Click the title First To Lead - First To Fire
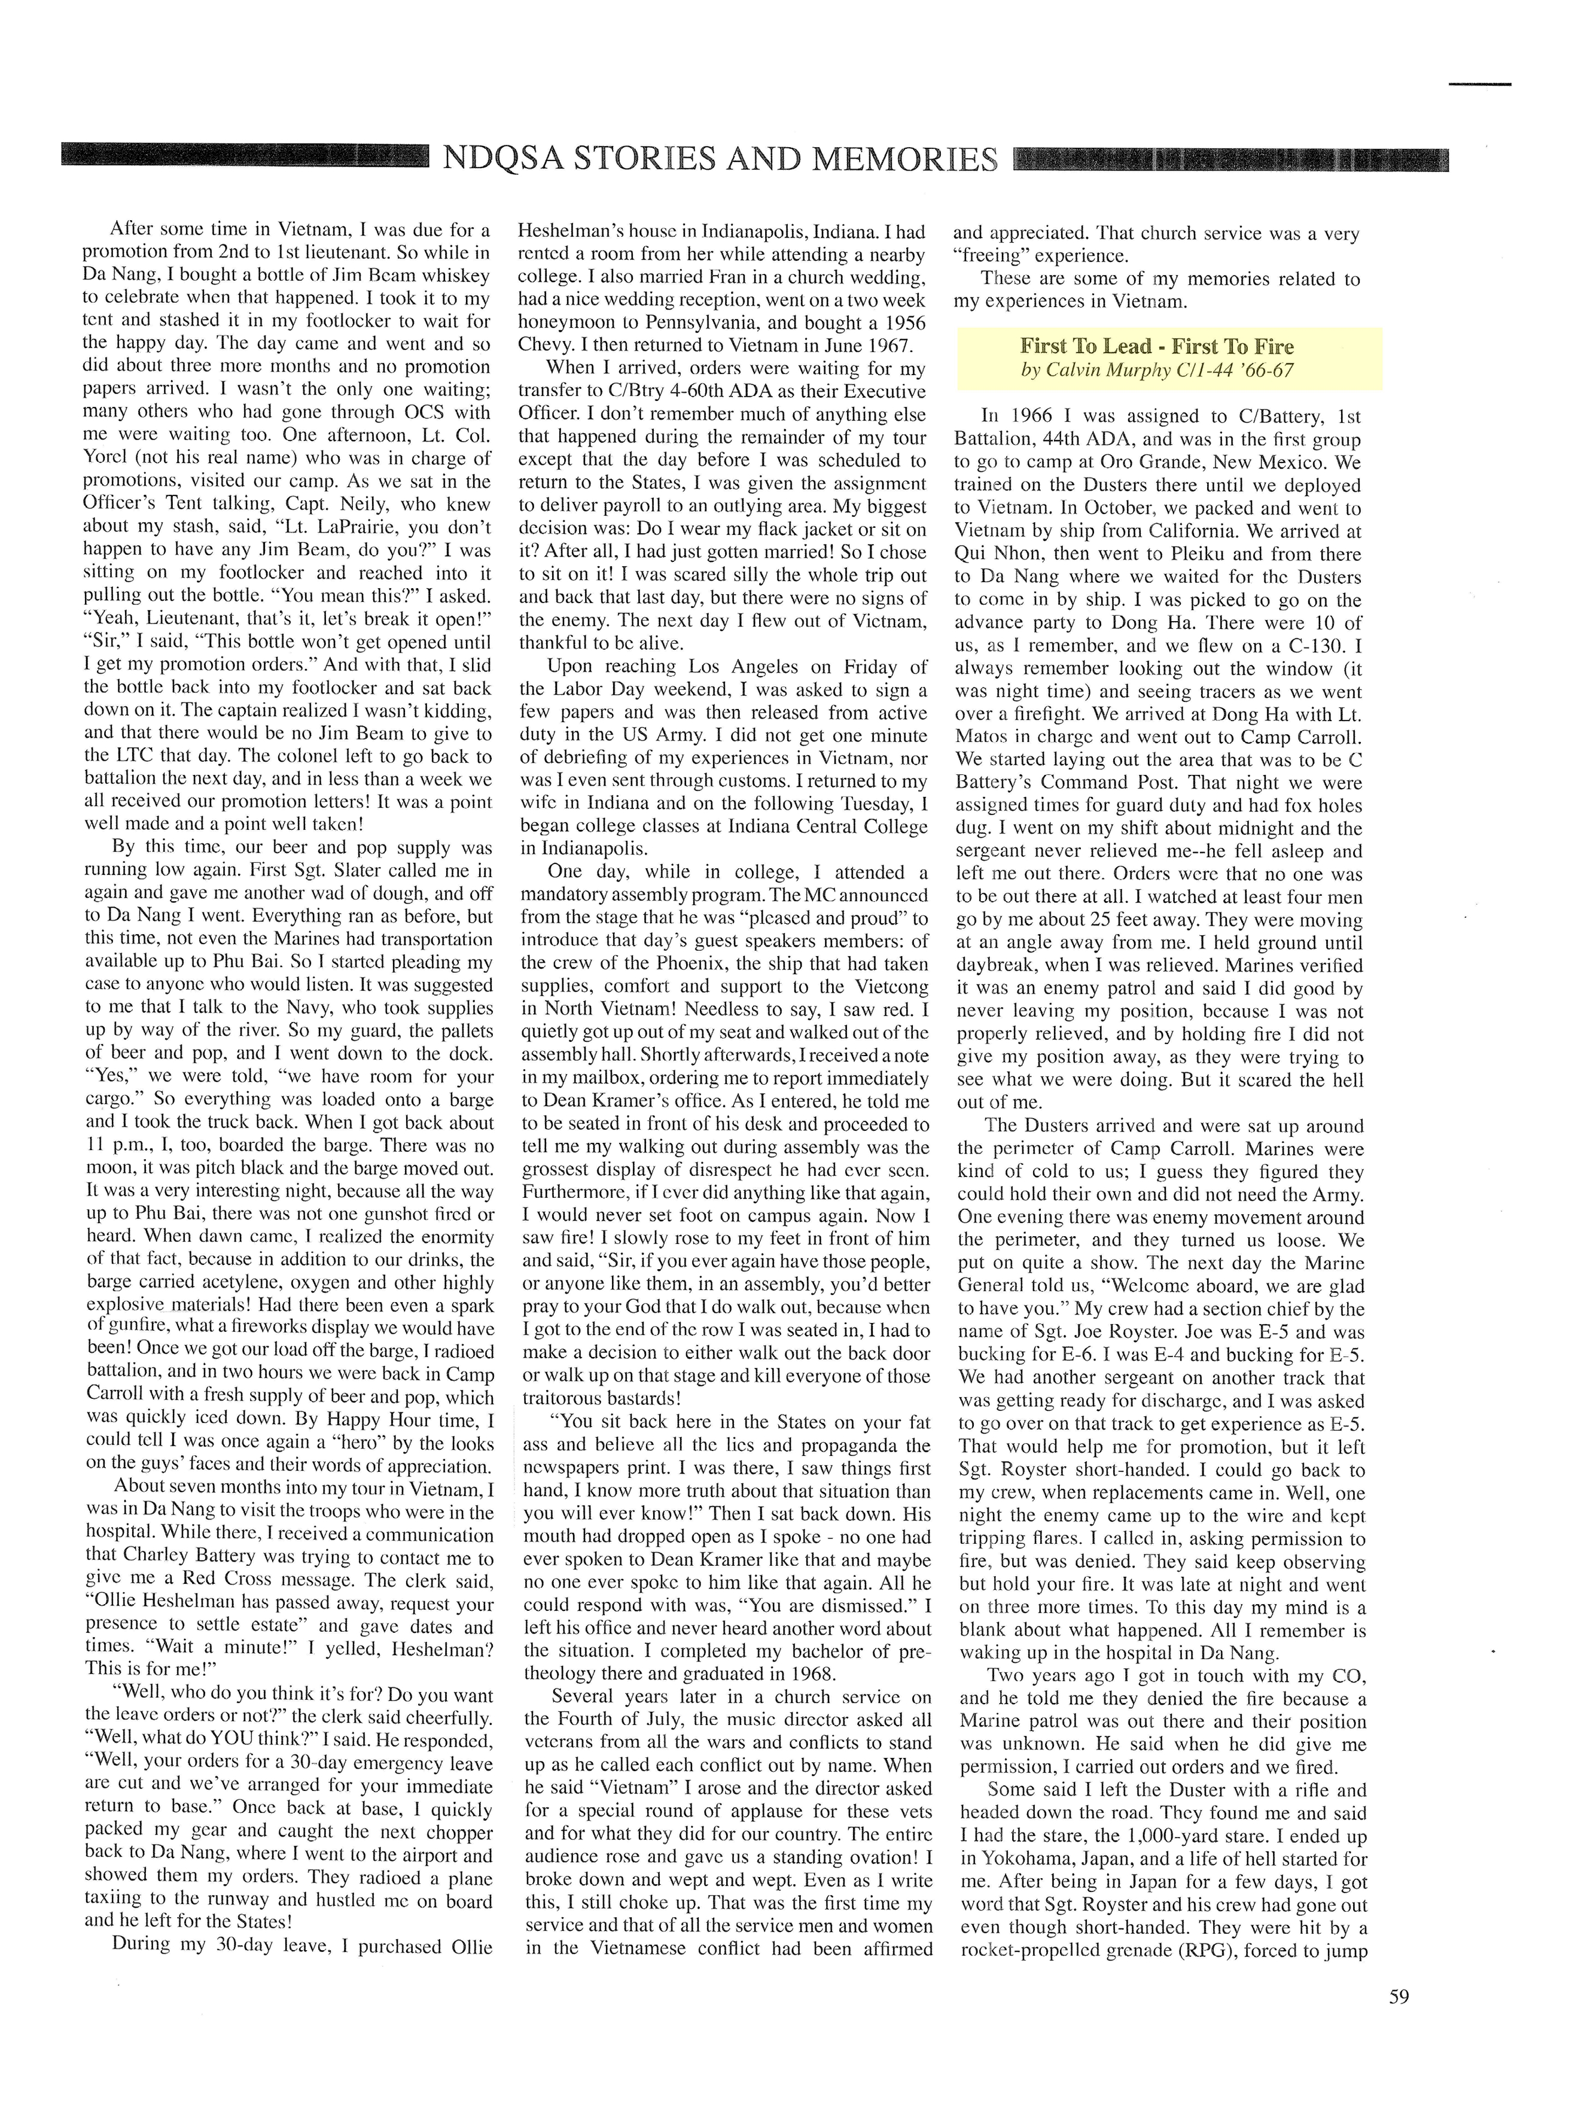(1156, 346)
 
